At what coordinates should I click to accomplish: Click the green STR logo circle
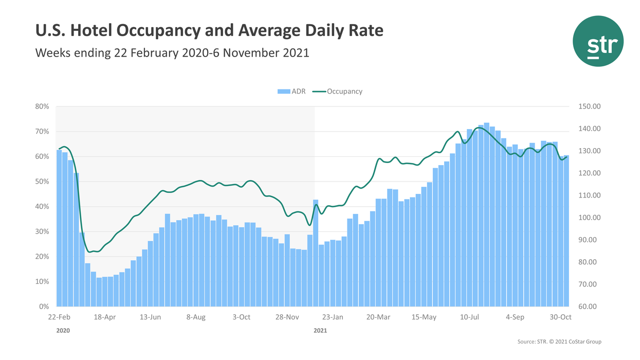598,41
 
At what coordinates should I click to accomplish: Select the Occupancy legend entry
344,92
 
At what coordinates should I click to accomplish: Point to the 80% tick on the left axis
42,106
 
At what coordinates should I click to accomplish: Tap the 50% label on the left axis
42,182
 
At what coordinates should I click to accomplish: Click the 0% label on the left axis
44,307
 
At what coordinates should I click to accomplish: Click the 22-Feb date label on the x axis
60,317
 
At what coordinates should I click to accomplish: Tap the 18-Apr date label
105,317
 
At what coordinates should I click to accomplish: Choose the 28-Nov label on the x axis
287,317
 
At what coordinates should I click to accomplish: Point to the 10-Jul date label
470,317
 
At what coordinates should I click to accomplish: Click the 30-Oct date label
561,317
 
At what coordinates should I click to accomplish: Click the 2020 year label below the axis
62,331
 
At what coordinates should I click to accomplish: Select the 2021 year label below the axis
320,331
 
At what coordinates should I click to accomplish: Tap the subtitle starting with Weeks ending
172,52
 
